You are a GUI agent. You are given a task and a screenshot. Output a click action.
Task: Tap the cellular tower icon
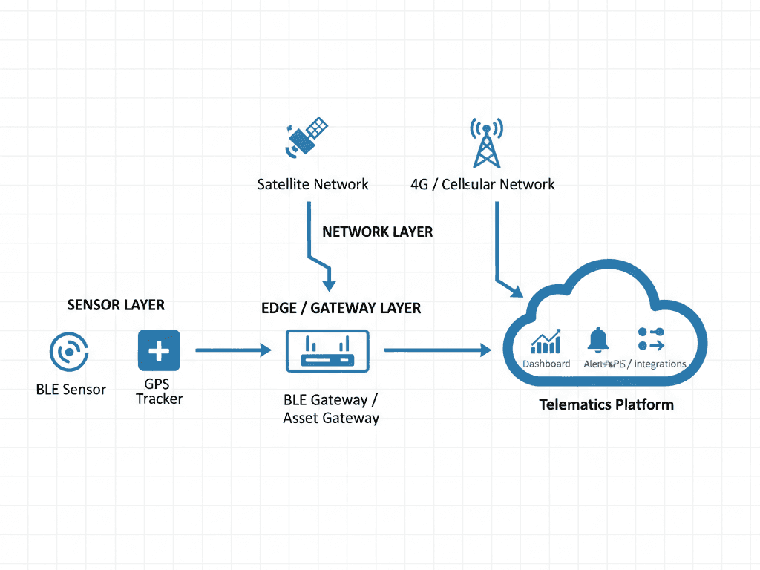[x=485, y=142]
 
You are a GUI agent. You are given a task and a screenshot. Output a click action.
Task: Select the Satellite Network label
[x=312, y=184]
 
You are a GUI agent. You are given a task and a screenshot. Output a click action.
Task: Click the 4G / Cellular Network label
[x=482, y=184]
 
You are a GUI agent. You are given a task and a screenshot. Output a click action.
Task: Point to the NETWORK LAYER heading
[x=377, y=232]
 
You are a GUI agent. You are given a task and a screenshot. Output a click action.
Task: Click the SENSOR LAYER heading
[x=116, y=305]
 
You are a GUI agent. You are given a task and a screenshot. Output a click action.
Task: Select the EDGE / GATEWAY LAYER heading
[x=341, y=307]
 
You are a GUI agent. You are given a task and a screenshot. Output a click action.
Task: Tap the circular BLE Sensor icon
[x=69, y=351]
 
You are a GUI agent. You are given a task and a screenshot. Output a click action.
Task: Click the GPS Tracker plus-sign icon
[x=159, y=350]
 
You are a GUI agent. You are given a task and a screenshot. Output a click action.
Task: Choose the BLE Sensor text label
[x=71, y=389]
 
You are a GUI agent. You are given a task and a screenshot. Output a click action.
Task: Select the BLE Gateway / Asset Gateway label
[x=331, y=409]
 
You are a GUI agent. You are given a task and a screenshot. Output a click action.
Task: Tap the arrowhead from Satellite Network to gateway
[x=330, y=285]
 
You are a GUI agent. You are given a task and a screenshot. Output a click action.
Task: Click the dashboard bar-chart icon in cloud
[x=546, y=342]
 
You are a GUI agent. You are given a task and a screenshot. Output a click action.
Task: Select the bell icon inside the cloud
[x=598, y=340]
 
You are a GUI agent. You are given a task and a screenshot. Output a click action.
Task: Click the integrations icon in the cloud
[x=651, y=340]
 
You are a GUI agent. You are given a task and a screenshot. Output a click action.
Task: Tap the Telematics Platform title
[x=606, y=404]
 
